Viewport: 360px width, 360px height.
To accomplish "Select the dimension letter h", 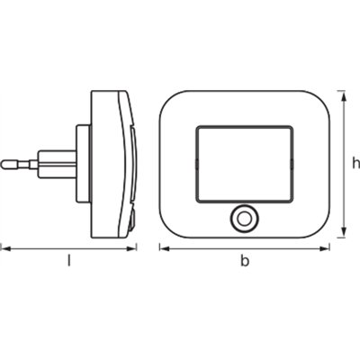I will click(355, 163).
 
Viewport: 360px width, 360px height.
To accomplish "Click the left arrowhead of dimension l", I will click(4, 246).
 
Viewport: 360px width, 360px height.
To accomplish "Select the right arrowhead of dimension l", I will click(135, 246).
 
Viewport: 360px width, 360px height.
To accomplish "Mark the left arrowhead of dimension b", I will click(163, 246).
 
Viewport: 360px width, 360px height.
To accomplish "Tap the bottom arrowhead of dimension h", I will click(343, 236).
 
